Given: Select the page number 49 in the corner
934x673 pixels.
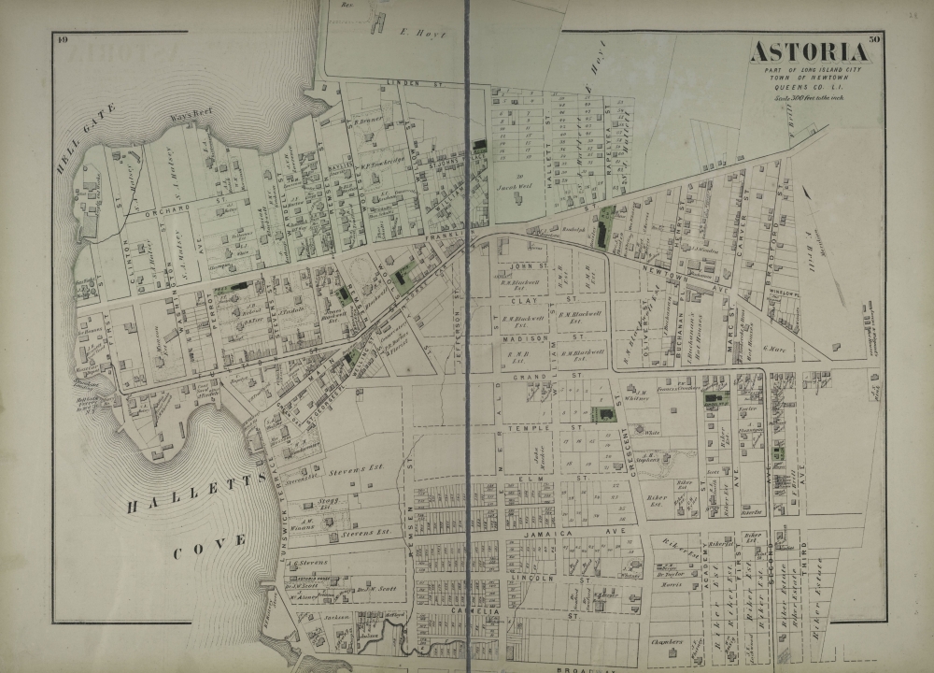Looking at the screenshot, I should click(x=63, y=38).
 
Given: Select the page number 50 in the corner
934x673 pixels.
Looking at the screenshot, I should click(x=873, y=39).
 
